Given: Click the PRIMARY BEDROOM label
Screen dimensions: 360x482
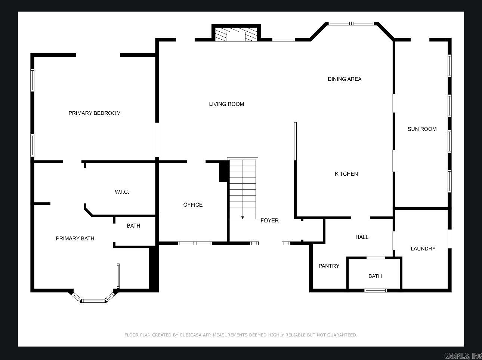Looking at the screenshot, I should click(x=95, y=113).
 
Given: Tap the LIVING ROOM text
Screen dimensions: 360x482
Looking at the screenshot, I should click(x=226, y=104).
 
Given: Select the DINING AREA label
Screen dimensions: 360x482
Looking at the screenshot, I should click(x=344, y=79).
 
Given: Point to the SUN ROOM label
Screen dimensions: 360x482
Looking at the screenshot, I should click(x=422, y=129).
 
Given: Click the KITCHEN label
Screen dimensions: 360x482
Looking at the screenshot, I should click(x=346, y=174).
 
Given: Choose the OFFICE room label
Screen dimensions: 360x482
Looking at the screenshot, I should click(x=193, y=205).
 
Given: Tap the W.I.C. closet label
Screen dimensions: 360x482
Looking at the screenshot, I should click(x=122, y=192).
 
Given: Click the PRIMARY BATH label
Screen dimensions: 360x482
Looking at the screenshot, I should click(x=75, y=239).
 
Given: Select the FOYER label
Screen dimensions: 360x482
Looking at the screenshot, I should click(x=269, y=221).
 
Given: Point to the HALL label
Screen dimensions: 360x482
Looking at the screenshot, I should click(x=362, y=237).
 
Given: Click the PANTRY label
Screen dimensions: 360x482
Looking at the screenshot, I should click(x=329, y=266).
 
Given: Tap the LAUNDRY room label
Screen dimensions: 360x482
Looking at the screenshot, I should click(x=423, y=249).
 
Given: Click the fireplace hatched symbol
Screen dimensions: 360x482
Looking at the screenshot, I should click(x=236, y=34).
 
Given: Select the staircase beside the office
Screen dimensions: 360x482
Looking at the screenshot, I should click(x=243, y=189).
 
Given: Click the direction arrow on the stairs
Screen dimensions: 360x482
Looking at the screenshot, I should click(x=242, y=217).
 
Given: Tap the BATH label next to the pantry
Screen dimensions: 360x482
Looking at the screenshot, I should click(x=375, y=276).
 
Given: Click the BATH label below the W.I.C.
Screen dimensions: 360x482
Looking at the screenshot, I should click(x=133, y=226).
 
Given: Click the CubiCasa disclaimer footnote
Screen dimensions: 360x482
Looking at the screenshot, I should click(x=241, y=335).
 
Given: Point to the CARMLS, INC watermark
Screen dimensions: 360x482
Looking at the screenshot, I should click(x=463, y=356).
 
